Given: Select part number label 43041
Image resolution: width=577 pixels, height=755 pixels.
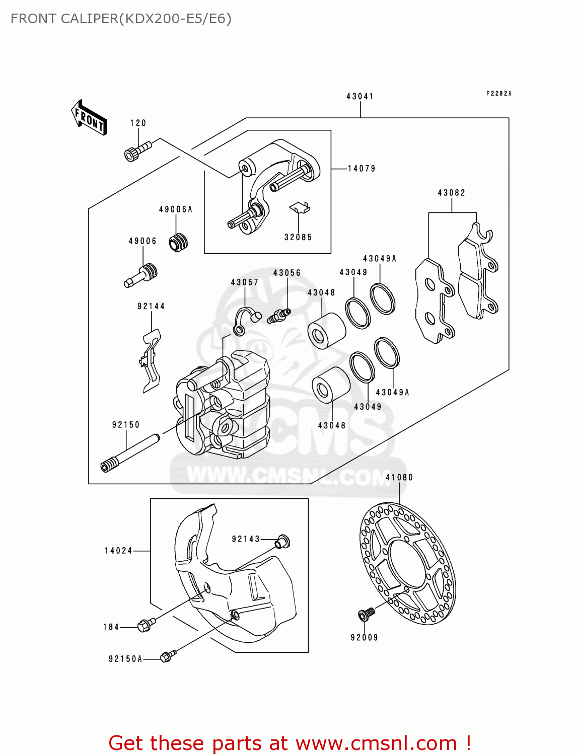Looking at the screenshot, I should click(359, 96).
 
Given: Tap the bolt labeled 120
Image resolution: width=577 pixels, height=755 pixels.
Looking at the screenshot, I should click(136, 150).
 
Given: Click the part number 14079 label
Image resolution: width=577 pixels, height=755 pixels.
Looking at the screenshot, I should click(362, 169).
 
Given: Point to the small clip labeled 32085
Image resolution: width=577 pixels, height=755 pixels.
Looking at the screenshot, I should click(300, 207).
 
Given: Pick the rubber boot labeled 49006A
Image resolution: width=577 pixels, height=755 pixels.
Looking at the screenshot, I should click(178, 242).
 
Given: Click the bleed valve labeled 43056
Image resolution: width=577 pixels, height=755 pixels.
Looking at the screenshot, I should click(278, 316).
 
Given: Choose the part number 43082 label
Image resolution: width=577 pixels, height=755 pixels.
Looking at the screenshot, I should click(451, 193).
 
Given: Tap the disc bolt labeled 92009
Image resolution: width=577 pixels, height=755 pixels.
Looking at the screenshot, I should click(366, 614).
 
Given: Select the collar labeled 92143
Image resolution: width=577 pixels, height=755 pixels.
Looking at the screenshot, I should click(282, 542).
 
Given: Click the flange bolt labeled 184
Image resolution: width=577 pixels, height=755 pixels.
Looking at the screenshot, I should click(146, 625).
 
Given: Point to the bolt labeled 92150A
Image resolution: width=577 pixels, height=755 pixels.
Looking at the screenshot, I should click(168, 656).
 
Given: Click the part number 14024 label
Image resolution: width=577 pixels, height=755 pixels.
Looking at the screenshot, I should click(118, 551).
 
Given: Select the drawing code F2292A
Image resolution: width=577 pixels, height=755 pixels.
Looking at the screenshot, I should click(498, 94).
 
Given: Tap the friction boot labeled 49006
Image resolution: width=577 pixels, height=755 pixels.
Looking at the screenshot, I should click(141, 275).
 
